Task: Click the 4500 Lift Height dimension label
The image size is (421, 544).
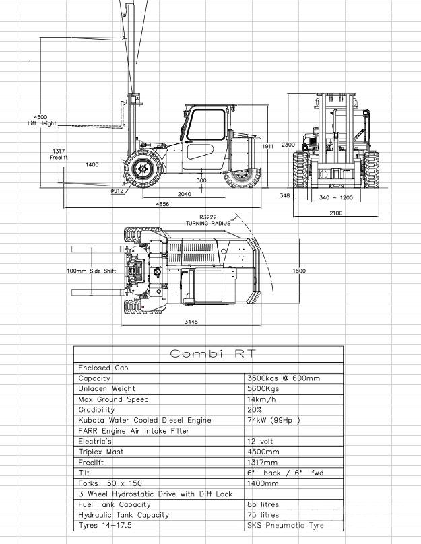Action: pyautogui.click(x=42, y=120)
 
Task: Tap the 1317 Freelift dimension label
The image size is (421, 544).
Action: pyautogui.click(x=59, y=154)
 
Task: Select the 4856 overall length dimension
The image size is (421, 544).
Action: pyautogui.click(x=163, y=203)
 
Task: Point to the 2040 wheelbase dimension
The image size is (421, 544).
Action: pyautogui.click(x=184, y=194)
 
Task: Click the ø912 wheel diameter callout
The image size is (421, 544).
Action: pyautogui.click(x=117, y=191)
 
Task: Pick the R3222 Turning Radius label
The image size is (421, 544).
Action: pyautogui.click(x=208, y=220)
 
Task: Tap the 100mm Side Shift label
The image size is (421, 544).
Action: pyautogui.click(x=92, y=271)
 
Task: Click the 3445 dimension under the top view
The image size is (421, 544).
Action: pyautogui.click(x=191, y=322)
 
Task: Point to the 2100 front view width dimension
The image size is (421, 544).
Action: pyautogui.click(x=335, y=213)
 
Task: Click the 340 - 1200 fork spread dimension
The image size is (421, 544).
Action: pyautogui.click(x=336, y=197)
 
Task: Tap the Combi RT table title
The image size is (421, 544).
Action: pyautogui.click(x=208, y=354)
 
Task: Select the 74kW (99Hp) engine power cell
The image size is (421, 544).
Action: pyautogui.click(x=273, y=420)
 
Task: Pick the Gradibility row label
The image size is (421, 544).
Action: pyautogui.click(x=97, y=409)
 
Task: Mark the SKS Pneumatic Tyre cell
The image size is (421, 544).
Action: pyautogui.click(x=286, y=525)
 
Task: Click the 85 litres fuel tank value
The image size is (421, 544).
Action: pyautogui.click(x=263, y=504)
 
